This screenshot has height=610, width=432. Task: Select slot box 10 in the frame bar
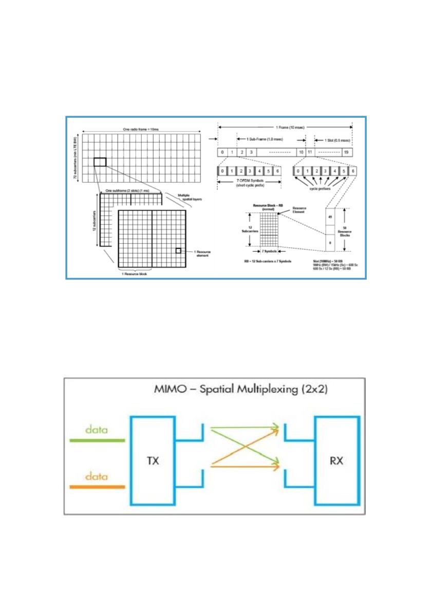pos(300,153)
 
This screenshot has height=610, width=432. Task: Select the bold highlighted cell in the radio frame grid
pos(100,162)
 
